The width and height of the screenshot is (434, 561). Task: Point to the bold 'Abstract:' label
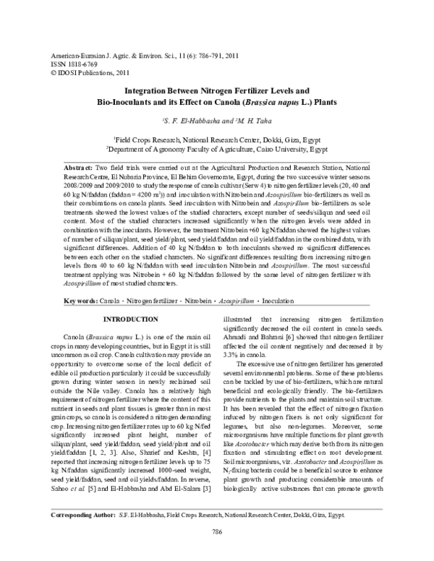pyautogui.click(x=80, y=166)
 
